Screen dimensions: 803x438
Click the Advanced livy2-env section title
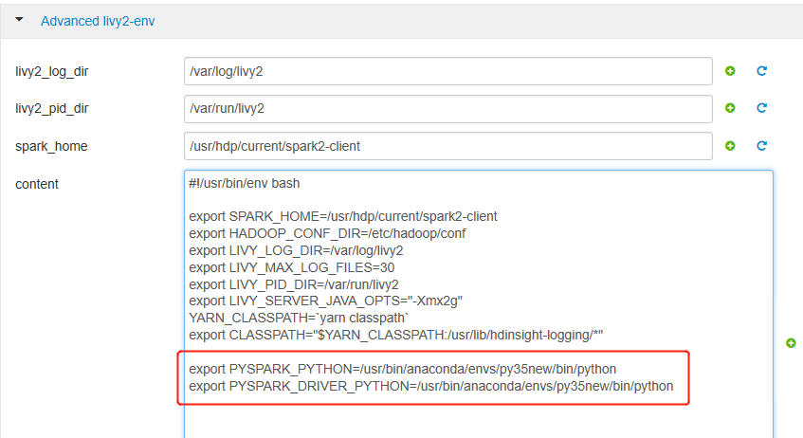(x=98, y=21)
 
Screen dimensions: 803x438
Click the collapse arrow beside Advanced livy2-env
(x=20, y=20)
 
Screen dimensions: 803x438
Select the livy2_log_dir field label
(x=52, y=71)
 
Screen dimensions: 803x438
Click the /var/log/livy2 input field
(x=448, y=71)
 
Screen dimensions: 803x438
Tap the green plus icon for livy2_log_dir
(x=730, y=71)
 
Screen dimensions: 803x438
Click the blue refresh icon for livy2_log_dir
(x=761, y=71)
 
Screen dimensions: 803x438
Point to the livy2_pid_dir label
(x=52, y=109)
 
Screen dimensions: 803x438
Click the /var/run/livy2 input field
(x=448, y=109)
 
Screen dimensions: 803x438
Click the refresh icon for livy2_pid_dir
(x=761, y=107)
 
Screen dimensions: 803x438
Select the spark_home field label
(x=51, y=147)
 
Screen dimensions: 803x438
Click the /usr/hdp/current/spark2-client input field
(x=448, y=146)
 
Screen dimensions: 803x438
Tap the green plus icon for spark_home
(x=730, y=145)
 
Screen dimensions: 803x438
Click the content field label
(x=37, y=184)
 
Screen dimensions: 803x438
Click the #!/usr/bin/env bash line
(x=245, y=183)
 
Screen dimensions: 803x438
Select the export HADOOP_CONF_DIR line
(x=327, y=233)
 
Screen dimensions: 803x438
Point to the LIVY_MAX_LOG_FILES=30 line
(x=292, y=267)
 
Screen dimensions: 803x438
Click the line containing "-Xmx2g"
(x=326, y=301)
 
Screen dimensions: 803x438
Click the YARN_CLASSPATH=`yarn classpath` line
(x=299, y=318)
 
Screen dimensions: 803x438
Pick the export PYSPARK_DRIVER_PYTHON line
(x=431, y=386)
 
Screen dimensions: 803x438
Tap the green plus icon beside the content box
(x=791, y=342)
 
